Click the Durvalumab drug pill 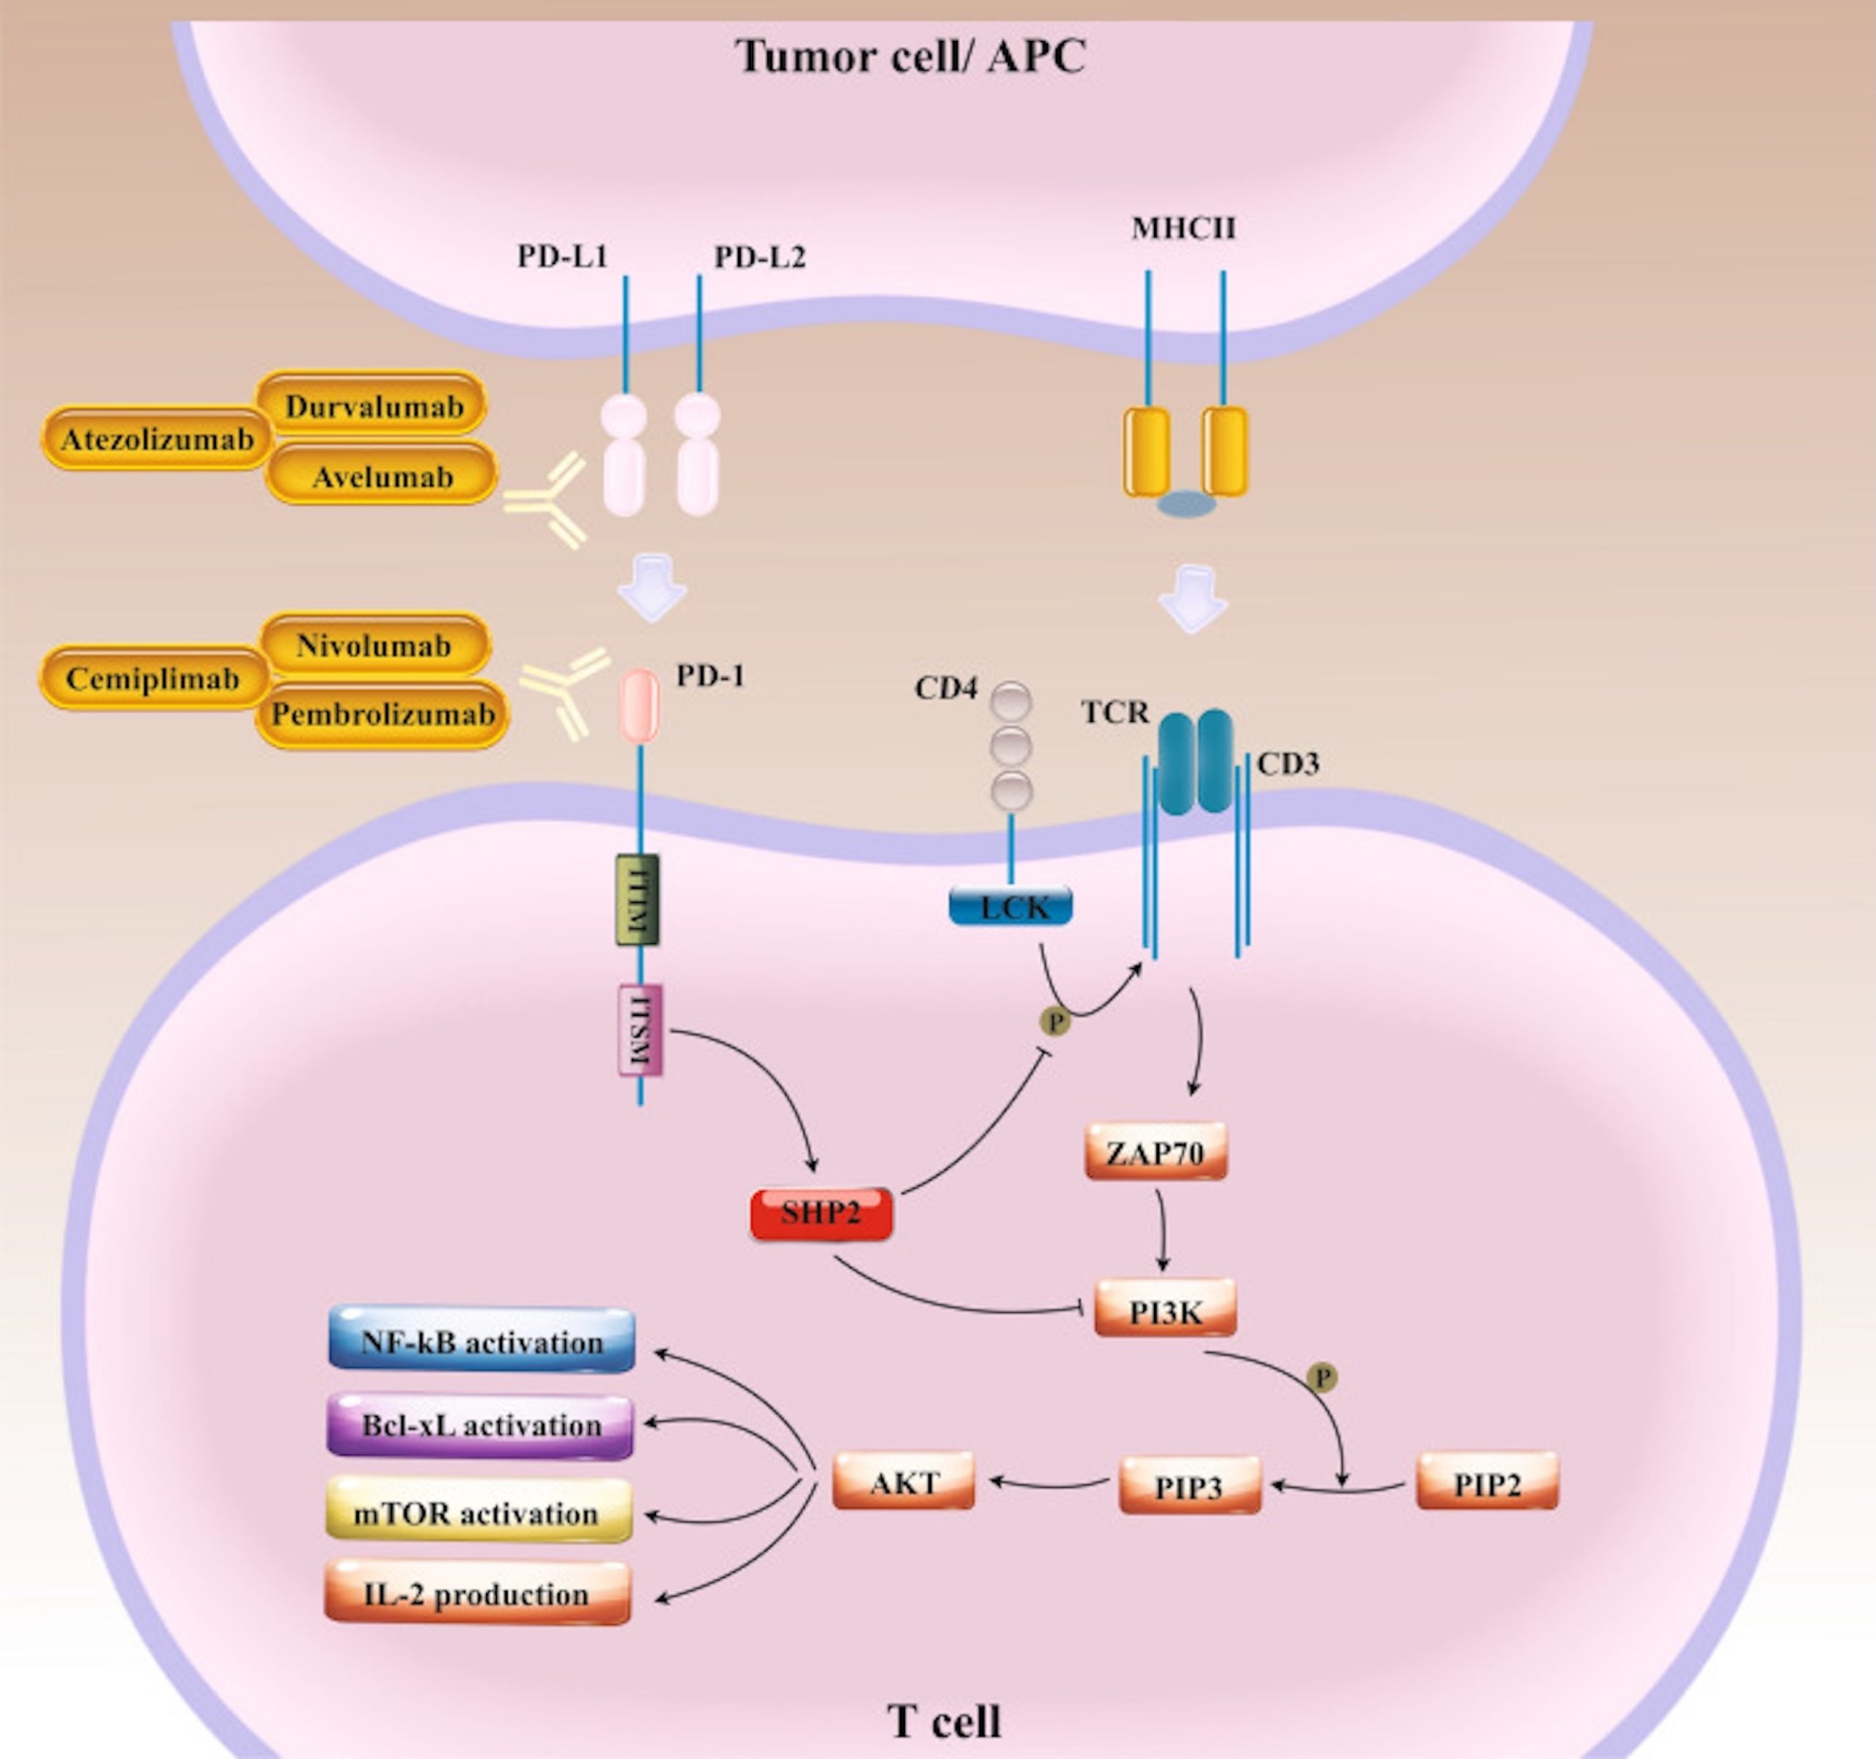373,406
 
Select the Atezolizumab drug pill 158,439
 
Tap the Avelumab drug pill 383,476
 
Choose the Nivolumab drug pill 374,646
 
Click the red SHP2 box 820,1214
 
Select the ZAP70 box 1156,1152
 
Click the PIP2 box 1487,1484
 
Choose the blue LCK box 1011,907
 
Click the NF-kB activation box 481,1341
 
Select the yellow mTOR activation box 479,1513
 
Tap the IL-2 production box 478,1595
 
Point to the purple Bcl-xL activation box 480,1426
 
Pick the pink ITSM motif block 640,1031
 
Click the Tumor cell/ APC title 911,56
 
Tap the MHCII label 1183,229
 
